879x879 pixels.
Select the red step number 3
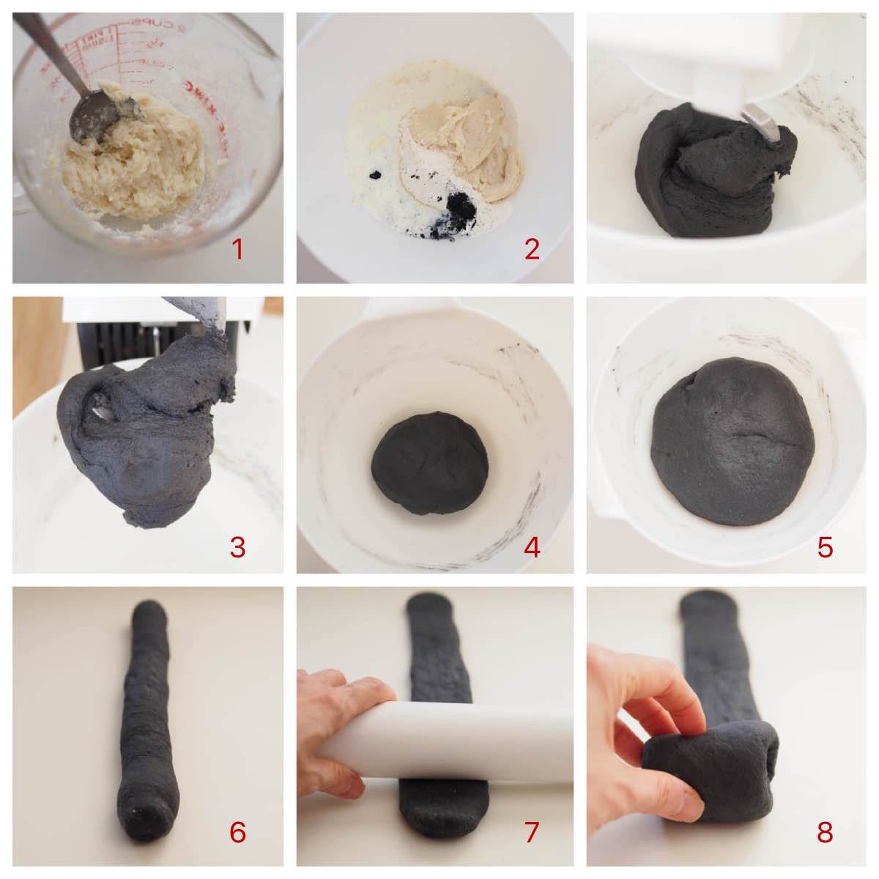click(237, 546)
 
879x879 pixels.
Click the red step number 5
click(826, 546)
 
